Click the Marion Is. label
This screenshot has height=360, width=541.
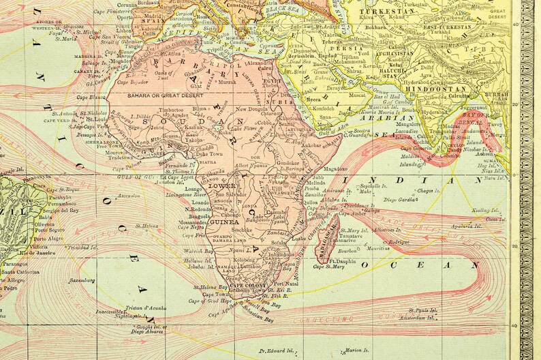tap(358, 351)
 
